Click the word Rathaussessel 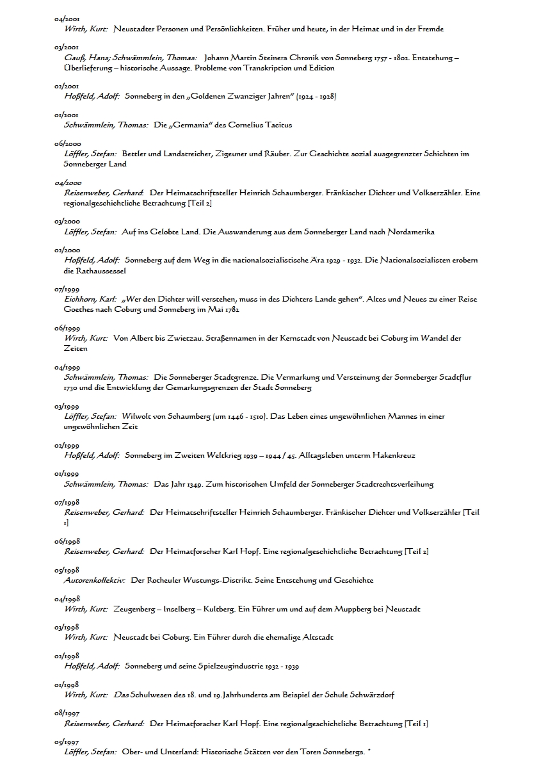(86, 270)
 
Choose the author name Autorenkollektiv (94, 580)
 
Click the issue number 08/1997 (67, 714)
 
